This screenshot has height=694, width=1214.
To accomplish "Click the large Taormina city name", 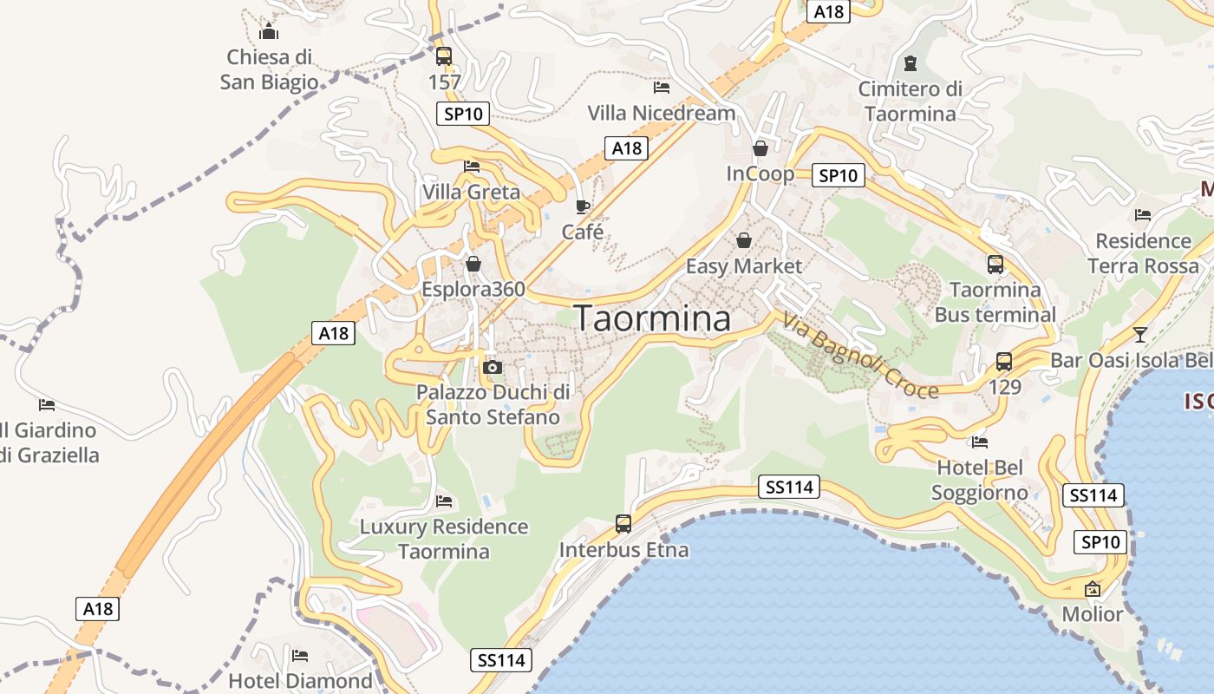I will [x=652, y=319].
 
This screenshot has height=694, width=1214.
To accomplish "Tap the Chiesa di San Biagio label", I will [x=269, y=69].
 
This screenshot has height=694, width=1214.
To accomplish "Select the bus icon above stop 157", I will [x=444, y=56].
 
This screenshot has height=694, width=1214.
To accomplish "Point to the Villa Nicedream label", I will [x=662, y=113].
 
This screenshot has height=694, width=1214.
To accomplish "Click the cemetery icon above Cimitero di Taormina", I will [x=910, y=63].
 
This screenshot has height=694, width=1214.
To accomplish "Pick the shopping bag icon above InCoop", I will [x=760, y=148].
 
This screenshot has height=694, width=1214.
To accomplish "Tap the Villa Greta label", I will [x=471, y=192].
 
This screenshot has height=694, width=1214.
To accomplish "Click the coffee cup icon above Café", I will [x=583, y=206].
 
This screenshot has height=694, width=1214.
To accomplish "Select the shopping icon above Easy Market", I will [x=744, y=240].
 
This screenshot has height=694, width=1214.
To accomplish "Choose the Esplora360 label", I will [x=473, y=289].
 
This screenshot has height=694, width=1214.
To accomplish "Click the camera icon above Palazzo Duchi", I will [x=493, y=367].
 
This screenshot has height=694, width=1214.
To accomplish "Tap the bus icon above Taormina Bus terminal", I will [x=995, y=265].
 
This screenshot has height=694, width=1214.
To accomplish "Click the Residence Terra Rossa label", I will [x=1143, y=253].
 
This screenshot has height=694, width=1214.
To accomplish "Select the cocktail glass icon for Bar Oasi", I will [x=1140, y=334].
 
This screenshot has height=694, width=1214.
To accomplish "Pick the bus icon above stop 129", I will [x=1004, y=362].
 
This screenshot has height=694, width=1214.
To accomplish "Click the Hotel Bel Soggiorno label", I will [x=980, y=481].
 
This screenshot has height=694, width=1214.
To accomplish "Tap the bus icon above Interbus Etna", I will [x=623, y=524].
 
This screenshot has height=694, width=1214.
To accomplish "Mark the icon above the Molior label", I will [x=1093, y=589].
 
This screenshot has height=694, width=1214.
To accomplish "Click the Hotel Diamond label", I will [x=300, y=681].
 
